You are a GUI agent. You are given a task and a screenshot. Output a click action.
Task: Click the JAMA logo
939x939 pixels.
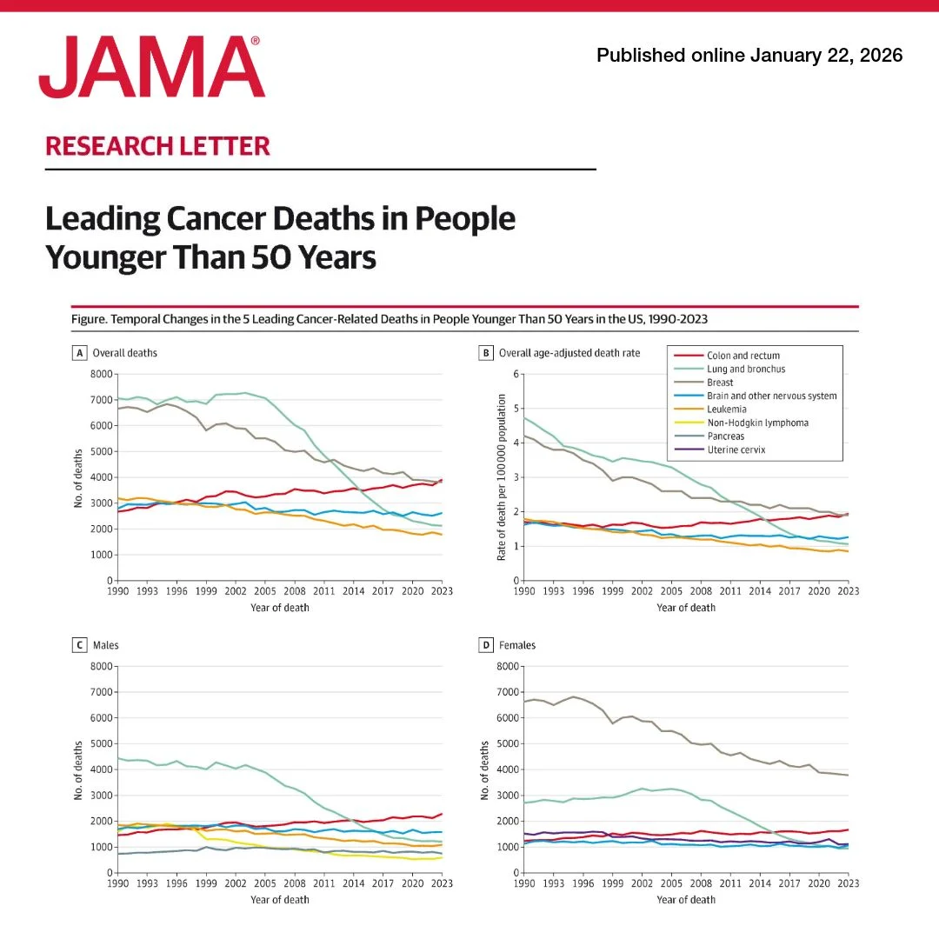pos(151,67)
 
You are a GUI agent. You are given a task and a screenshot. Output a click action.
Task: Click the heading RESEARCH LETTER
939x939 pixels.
pos(157,145)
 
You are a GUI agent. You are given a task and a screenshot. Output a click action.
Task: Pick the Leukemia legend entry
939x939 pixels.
pos(728,410)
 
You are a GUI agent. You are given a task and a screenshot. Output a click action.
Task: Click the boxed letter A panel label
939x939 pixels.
pos(79,354)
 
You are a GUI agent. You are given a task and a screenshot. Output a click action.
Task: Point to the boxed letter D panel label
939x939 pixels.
pos(486,645)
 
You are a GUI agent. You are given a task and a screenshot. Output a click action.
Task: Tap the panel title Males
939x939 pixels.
pos(107,645)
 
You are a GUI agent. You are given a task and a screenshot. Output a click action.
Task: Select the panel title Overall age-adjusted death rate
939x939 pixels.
pos(569,354)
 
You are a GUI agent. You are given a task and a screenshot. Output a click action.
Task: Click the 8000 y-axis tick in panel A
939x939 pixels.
pos(101,375)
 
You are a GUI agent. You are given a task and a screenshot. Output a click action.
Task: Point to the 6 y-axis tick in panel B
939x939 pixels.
pos(516,375)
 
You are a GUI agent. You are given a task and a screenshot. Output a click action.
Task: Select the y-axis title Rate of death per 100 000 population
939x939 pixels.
pos(502,476)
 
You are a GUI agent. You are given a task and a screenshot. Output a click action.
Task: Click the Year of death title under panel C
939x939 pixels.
pos(279,899)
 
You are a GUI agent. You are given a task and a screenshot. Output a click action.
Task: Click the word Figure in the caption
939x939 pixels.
pos(88,319)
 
